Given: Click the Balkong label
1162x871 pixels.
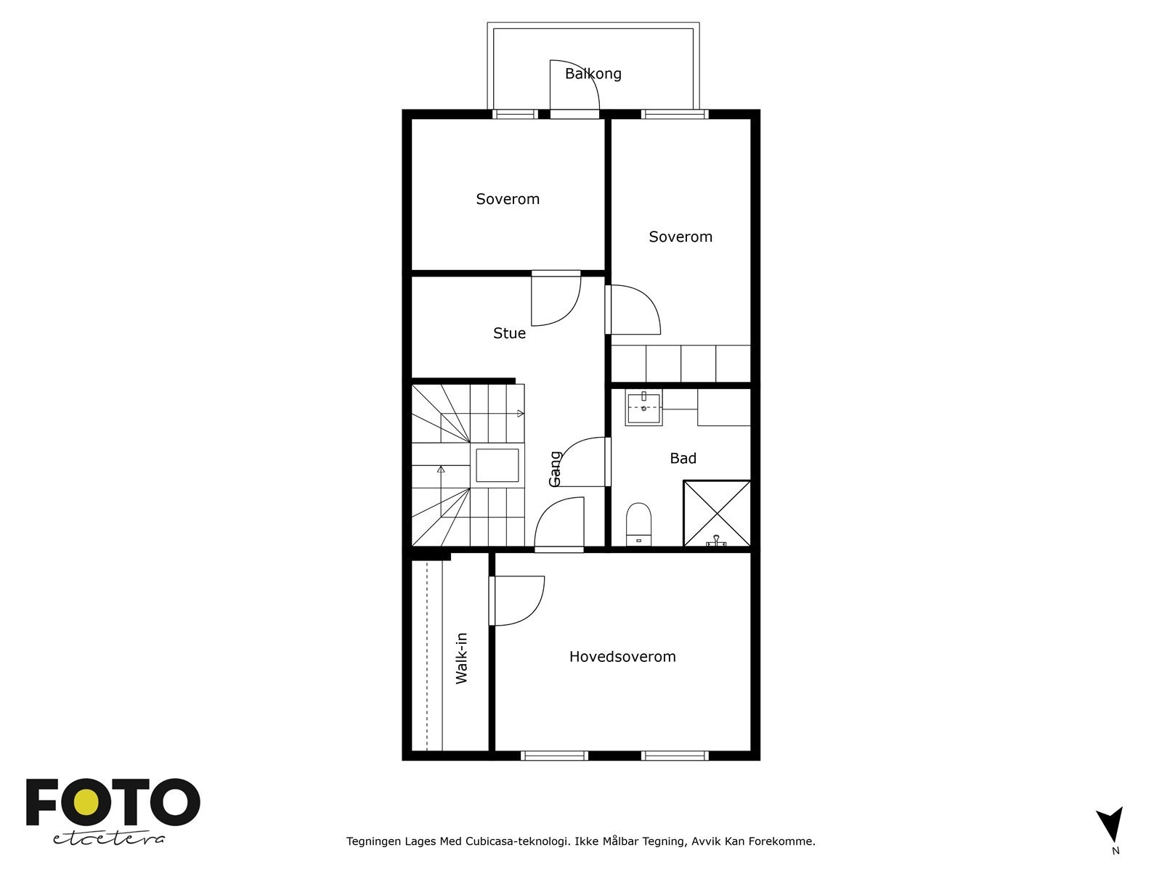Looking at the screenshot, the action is pos(593,73).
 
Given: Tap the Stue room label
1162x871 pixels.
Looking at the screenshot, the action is pos(509,333).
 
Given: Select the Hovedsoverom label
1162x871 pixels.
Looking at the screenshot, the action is pos(622,656).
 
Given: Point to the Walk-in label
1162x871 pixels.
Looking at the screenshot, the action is pos(462,658).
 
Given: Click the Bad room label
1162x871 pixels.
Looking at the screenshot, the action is pos(683,458).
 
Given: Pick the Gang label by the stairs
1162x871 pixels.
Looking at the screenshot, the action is pos(555,469).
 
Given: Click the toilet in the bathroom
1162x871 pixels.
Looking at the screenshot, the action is pos(638,524).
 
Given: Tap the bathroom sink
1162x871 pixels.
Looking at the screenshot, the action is pos(643,408).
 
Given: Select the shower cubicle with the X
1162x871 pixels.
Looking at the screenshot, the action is pos(717,513).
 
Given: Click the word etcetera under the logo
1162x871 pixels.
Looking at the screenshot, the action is pos(108,838).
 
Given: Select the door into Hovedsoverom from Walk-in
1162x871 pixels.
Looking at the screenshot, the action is pos(516,601).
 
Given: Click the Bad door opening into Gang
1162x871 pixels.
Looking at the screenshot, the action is pos(582,462).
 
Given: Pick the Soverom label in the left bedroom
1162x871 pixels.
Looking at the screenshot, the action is pos(508,199).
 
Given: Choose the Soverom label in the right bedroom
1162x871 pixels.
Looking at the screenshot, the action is pos(680,237).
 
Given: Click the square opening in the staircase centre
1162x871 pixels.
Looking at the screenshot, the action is pos(497,465).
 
